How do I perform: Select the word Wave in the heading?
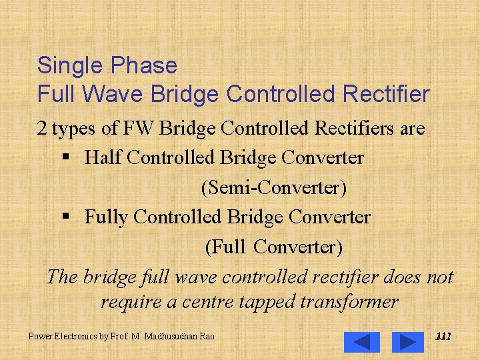coord(120,95)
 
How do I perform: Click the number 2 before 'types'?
coord(42,129)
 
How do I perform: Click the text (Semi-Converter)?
coord(273,188)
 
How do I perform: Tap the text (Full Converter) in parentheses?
coord(273,247)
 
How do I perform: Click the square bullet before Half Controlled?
coord(65,159)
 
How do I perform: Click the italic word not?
coord(439,277)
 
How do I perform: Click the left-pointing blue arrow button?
coord(362,341)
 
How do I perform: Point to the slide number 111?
coord(443,337)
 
